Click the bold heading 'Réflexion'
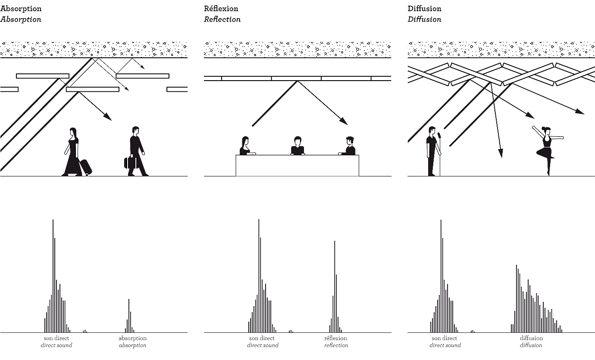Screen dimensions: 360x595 tap(221, 9)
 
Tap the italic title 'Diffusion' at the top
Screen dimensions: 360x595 tap(424, 19)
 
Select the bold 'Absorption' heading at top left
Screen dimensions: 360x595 tap(21, 9)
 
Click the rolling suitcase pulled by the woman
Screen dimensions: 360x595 tap(86, 167)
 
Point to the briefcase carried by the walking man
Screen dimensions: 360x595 tap(131, 163)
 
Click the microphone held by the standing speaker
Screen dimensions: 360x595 tap(439, 136)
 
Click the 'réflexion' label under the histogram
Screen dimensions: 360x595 tap(335, 338)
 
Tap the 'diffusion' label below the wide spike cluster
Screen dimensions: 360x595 tap(531, 338)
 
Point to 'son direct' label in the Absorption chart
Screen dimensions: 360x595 tap(56, 338)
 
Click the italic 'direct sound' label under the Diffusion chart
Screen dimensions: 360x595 tap(445, 345)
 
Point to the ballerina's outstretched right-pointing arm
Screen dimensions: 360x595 tap(557, 138)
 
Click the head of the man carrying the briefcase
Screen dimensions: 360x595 tap(136, 130)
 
